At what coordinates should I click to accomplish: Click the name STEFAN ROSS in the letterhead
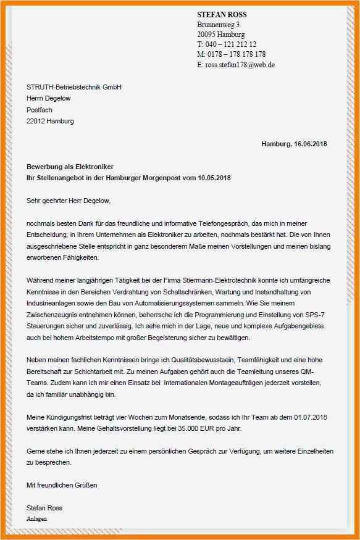(221, 14)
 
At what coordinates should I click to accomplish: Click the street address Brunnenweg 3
(219, 24)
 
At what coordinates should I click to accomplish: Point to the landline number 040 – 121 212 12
(230, 44)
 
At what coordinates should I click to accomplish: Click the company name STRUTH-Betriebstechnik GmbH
(74, 87)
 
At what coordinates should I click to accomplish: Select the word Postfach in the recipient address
(40, 110)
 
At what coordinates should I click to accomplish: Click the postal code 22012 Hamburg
(50, 121)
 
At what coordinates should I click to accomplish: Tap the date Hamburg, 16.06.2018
(294, 144)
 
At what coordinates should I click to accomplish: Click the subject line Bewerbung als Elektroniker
(70, 167)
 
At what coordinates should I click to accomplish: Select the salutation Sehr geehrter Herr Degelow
(69, 200)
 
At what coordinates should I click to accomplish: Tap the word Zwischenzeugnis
(54, 315)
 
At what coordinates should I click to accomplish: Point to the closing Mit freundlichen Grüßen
(62, 485)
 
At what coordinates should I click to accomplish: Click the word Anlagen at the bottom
(36, 519)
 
